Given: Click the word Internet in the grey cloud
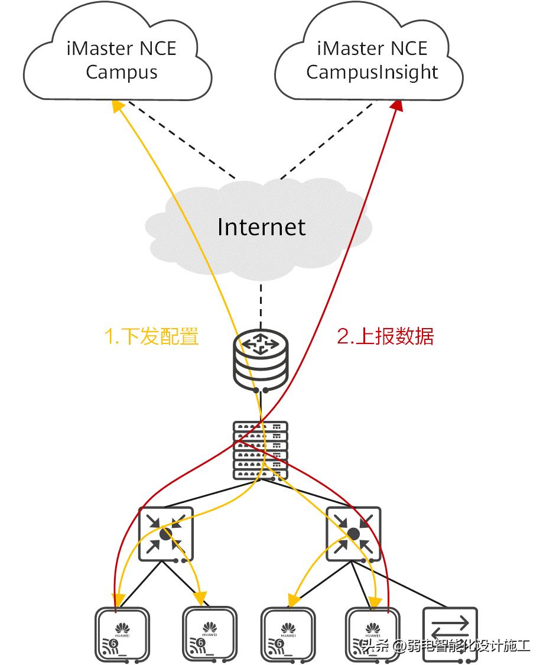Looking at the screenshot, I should coord(261,227).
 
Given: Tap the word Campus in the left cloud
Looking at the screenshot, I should coord(122,72).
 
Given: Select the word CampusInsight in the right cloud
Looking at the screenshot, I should coord(372,72).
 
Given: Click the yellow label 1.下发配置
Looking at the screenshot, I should coord(151,336).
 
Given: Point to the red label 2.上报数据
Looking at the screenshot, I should coord(385,336).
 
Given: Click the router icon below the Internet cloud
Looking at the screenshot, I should coord(261,362).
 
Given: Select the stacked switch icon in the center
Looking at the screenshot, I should coord(261,450).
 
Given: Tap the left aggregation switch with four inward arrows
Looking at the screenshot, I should coord(165,534).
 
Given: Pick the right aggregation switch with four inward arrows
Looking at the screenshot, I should coord(353,534).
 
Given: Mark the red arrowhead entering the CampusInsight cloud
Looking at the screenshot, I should coord(397,105).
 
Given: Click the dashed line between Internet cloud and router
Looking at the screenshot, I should coord(261,301).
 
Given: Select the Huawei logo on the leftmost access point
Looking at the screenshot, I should coord(122,627).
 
